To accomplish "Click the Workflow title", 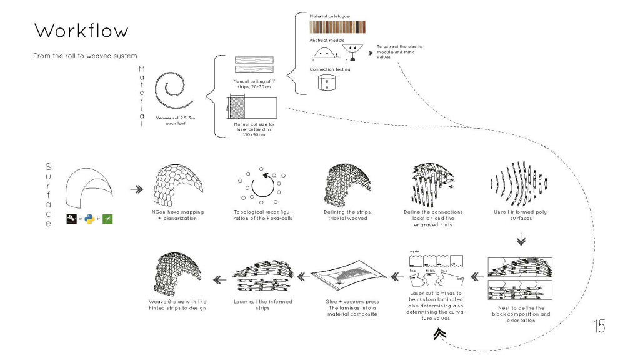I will click(x=81, y=31).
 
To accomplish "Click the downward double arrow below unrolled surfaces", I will click(x=519, y=241).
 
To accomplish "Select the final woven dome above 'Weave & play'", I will click(x=178, y=272).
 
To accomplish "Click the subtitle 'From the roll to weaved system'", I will click(x=85, y=56).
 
